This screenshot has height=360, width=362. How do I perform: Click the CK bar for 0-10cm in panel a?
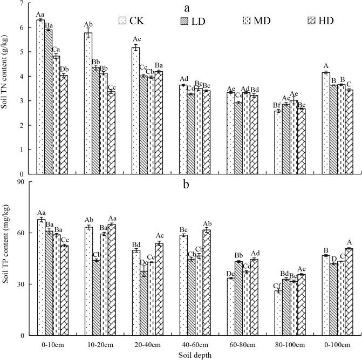pyautogui.click(x=40, y=97)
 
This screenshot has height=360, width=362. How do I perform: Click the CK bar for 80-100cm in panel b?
pyautogui.click(x=278, y=313)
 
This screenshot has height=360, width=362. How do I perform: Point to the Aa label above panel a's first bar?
pyautogui.click(x=40, y=14)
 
